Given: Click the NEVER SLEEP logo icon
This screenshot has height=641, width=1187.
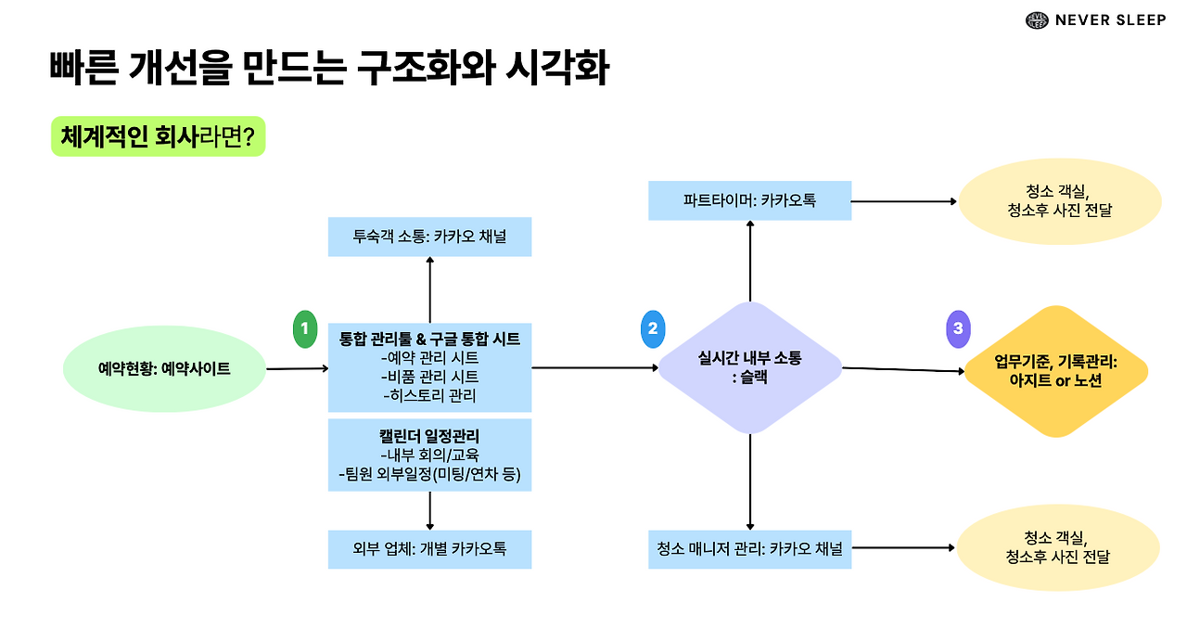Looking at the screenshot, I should pos(1036,20).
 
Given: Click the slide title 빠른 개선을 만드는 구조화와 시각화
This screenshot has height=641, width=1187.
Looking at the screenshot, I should pos(329,70).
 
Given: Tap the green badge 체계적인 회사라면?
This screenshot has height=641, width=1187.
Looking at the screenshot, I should pos(158,137).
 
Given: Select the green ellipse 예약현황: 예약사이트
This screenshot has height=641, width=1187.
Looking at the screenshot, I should pos(164,368).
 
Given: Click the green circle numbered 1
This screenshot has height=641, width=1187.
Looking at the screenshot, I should pos(304,329).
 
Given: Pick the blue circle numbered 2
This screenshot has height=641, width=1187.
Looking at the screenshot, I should pos(653,328).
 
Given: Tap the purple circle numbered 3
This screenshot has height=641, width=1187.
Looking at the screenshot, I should pos(958,328).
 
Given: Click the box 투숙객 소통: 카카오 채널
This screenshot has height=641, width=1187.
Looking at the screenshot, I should pos(430,237).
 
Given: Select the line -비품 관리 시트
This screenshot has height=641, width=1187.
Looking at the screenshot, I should pos(430,377).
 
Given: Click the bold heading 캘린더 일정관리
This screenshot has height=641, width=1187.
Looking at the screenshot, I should pos(430,435).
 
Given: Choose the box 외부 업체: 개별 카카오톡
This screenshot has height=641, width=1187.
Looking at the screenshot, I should pos(430,549).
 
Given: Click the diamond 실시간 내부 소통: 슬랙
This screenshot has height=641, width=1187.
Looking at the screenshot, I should pos(749,368).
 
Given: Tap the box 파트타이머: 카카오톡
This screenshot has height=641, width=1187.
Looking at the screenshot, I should pos(749,200).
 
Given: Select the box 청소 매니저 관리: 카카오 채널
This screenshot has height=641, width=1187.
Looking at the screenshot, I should pos(749,549).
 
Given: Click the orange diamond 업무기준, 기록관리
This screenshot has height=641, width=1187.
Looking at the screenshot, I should pos(1055,371).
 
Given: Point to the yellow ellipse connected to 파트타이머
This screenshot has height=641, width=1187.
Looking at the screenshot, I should pos(1058,200).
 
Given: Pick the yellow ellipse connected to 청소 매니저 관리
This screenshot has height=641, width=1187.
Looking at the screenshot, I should pos(1058,547).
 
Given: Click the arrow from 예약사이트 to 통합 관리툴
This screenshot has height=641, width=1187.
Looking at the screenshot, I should pos(297,369).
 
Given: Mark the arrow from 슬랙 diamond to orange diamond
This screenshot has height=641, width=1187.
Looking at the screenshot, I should pos(902,370).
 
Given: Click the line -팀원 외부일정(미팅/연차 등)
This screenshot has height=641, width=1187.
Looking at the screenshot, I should pos(430,476).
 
